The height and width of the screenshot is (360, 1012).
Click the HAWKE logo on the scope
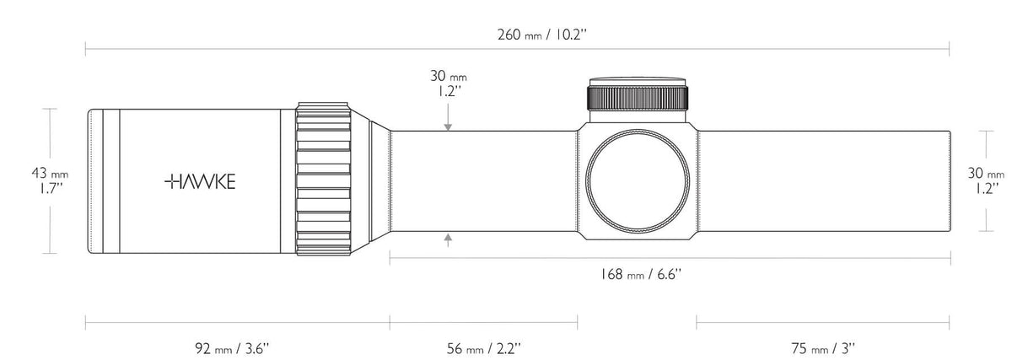point(199,180)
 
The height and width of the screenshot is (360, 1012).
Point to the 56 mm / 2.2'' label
point(482,347)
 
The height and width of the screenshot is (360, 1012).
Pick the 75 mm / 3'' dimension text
point(823,347)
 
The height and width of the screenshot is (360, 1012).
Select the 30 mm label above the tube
point(448,83)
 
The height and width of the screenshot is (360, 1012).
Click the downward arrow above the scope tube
point(448,125)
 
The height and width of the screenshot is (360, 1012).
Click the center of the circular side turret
point(638,181)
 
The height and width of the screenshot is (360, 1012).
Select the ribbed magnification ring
point(323,180)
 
